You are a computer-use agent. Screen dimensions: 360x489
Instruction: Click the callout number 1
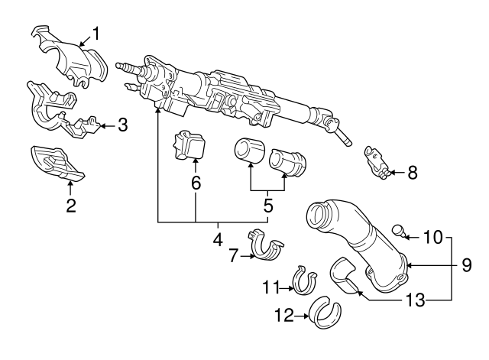tap(96, 33)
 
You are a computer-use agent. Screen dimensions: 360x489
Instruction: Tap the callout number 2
tap(70, 205)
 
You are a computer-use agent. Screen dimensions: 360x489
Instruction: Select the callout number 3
tap(121, 125)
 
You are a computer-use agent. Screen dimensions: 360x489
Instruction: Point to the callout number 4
tap(217, 238)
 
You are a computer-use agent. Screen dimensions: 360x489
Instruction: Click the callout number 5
tap(267, 206)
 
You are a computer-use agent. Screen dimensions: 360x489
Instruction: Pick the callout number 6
tap(196, 183)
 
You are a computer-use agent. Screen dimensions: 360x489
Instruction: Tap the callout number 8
tap(412, 173)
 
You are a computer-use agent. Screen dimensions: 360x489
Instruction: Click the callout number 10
tap(432, 238)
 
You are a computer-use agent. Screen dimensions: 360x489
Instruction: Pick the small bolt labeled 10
tap(398, 229)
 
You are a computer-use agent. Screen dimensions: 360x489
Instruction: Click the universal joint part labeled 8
tap(377, 161)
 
